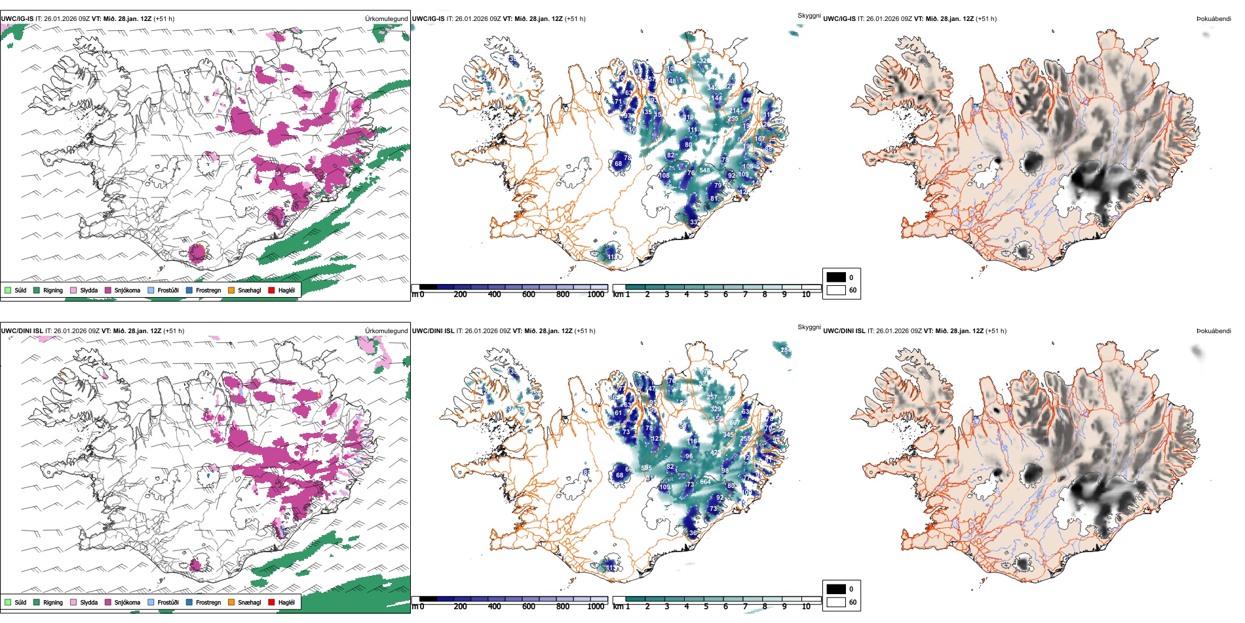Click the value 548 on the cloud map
coord(704,171)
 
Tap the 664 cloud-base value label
coord(705,482)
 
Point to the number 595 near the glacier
coord(646,468)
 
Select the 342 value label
coord(713,87)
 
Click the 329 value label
coord(716,409)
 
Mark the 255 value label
coord(733,119)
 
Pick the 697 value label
coord(735,423)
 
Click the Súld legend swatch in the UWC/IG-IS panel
coord(8,291)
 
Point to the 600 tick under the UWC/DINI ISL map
coord(528,607)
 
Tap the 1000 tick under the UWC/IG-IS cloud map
coord(596,294)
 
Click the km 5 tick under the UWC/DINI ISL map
coord(706,607)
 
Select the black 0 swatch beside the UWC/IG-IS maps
coord(836,277)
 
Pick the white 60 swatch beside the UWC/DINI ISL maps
coord(836,602)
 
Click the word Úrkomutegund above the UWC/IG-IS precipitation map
coord(386,19)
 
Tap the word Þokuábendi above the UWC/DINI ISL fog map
coord(1214,331)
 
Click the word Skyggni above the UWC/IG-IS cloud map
coord(809,16)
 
